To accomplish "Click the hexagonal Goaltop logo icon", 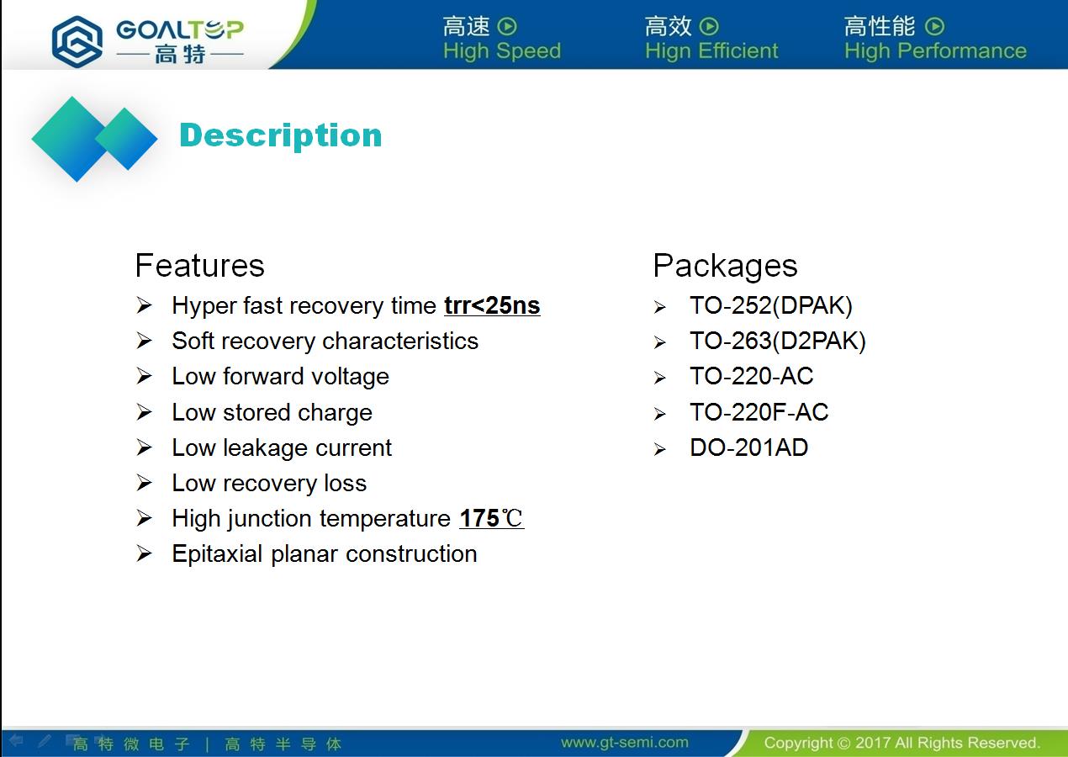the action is [77, 41].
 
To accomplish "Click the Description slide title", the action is [281, 136].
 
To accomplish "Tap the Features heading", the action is [200, 265].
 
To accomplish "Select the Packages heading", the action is [725, 266].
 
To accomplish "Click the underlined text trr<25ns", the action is [492, 306].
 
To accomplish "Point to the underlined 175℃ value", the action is [492, 518].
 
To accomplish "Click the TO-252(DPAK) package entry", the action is [770, 306].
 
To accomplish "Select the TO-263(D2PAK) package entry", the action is [777, 341].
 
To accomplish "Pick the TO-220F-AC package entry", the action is [759, 412].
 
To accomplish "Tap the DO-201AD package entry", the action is [748, 447].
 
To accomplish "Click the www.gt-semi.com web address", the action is [625, 743].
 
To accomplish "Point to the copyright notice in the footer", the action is [901, 743].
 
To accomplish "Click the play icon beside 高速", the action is [507, 26].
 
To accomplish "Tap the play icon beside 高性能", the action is [934, 26].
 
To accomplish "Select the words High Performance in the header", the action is [935, 51].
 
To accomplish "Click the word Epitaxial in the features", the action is [217, 554].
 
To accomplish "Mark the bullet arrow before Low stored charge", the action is [144, 412].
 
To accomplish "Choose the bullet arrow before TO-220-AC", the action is [660, 378].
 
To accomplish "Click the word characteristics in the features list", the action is [400, 341].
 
